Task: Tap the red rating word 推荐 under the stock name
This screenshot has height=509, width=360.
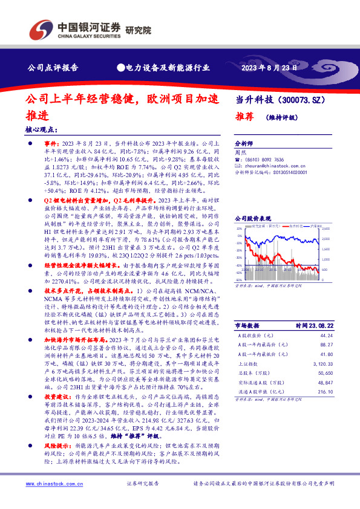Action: (x=244, y=118)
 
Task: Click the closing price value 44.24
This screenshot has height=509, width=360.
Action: (x=326, y=335)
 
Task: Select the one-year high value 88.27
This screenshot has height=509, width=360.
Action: (x=326, y=344)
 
